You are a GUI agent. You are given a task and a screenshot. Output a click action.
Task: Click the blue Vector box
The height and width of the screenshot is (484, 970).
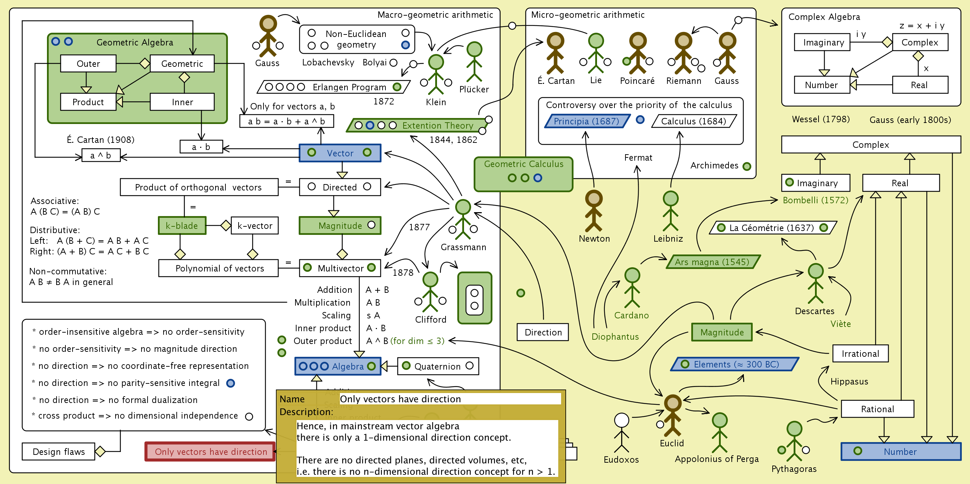coord(340,153)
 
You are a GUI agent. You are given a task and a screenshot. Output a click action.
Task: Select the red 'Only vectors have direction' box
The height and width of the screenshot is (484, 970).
coord(210,451)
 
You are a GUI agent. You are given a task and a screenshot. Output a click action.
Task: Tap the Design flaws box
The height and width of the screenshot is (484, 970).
coord(59,451)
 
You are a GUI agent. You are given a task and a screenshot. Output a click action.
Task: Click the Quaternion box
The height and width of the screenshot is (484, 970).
coord(438,366)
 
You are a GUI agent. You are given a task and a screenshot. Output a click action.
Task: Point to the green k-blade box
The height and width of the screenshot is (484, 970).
coord(182,225)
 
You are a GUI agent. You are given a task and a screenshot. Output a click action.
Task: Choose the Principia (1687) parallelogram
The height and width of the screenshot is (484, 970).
coord(586,121)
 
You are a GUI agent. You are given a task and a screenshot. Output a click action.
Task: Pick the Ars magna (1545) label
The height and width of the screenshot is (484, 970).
coord(712,262)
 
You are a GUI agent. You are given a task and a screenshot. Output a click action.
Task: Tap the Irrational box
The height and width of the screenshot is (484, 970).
coord(860,353)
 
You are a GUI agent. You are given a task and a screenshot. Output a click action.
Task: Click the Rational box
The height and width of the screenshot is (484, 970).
coord(877,409)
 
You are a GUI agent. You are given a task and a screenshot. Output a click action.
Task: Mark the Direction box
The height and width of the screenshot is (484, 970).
coord(543,332)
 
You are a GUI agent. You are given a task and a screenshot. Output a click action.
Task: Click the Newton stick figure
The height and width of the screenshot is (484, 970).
coord(593,211)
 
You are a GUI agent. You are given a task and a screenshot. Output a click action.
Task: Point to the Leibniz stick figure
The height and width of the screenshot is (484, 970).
coord(670,211)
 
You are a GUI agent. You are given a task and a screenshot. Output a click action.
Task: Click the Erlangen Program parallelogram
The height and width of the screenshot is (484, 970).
coord(334,87)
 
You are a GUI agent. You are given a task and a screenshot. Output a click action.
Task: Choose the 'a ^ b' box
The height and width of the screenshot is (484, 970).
coord(101,155)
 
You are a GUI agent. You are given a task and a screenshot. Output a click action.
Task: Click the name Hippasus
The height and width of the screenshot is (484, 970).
coord(849,381)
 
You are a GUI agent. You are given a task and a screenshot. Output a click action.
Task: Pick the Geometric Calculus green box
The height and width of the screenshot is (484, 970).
coord(523,174)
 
